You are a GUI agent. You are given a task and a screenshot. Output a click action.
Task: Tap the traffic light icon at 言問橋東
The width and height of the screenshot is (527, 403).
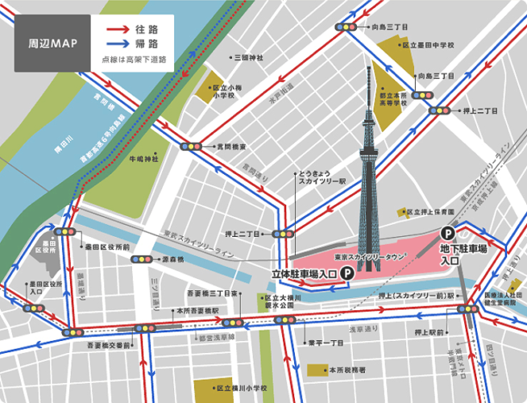[192, 147]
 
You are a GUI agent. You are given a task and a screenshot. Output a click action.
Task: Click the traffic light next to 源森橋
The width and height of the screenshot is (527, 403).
[142, 260]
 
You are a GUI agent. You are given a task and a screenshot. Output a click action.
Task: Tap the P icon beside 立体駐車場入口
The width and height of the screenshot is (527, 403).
[346, 274]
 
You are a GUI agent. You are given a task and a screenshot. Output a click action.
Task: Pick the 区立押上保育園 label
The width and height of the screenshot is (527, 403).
[435, 212]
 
